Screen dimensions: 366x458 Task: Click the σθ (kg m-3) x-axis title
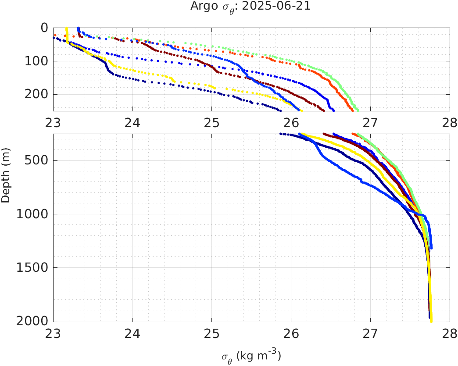[251, 356]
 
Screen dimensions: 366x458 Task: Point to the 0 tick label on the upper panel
[44, 28]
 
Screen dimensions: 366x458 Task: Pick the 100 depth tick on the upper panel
[36, 61]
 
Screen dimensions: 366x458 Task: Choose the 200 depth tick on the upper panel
[36, 94]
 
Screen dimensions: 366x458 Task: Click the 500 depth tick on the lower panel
[36, 160]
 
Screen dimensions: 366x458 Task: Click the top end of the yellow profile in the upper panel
[66, 28]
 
